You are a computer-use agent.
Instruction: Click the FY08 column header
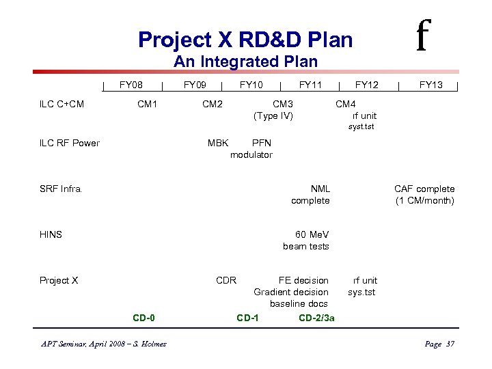(131, 85)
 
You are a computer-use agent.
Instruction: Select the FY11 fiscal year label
(310, 85)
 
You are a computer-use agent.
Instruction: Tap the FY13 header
(430, 85)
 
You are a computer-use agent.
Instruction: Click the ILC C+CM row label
(61, 104)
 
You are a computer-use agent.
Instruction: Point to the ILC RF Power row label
(70, 143)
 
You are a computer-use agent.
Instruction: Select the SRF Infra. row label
(61, 189)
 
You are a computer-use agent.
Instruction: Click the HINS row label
(51, 234)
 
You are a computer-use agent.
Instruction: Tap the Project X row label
(59, 280)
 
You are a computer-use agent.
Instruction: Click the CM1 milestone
(147, 104)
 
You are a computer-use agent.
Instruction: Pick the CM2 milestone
(212, 104)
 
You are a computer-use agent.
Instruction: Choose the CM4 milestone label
(345, 104)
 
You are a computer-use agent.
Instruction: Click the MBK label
(218, 143)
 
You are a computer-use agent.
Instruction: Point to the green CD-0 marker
(143, 318)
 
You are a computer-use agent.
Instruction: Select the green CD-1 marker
(247, 318)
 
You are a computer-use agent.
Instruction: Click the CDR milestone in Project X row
(226, 280)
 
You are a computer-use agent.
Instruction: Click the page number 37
(449, 344)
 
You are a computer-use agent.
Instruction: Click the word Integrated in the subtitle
(239, 61)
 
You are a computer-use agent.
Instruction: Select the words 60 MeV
(312, 234)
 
